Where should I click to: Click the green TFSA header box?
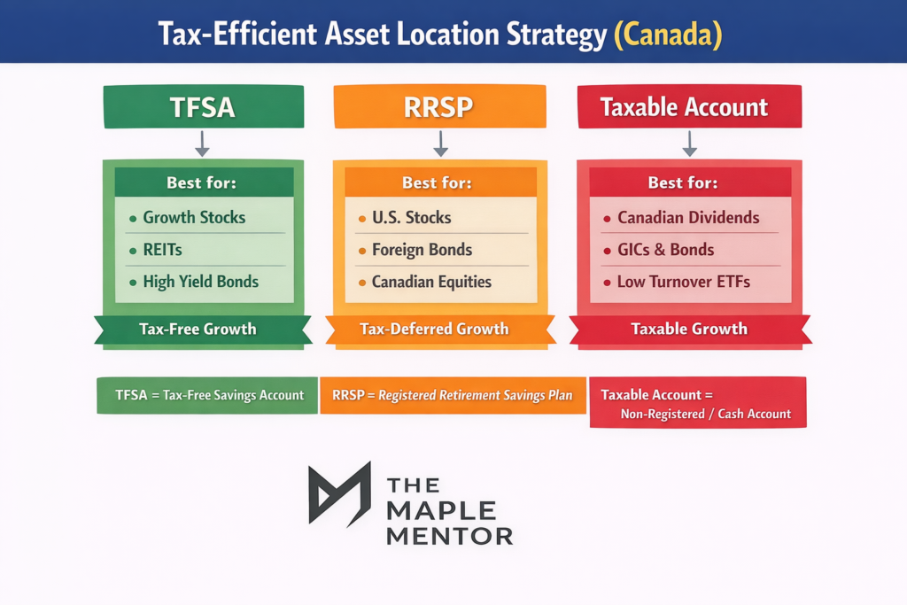(x=203, y=107)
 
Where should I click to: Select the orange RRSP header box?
(x=439, y=107)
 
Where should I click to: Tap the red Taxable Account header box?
(x=689, y=107)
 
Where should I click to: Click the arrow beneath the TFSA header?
(x=203, y=143)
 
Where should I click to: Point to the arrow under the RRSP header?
(x=440, y=143)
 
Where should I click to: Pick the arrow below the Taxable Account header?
(x=689, y=143)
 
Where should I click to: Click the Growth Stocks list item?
(x=194, y=217)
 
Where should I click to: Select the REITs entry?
(x=162, y=250)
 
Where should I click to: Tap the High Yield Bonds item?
(x=200, y=282)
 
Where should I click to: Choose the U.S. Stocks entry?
(x=411, y=217)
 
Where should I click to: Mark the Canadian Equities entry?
(x=431, y=283)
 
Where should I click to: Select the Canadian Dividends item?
(x=688, y=217)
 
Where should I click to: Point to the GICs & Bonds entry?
(x=665, y=250)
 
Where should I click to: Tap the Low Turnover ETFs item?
(x=684, y=283)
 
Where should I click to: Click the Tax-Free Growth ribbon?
(x=198, y=329)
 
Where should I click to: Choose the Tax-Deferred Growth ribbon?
(x=434, y=329)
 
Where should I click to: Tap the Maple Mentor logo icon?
(x=339, y=493)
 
